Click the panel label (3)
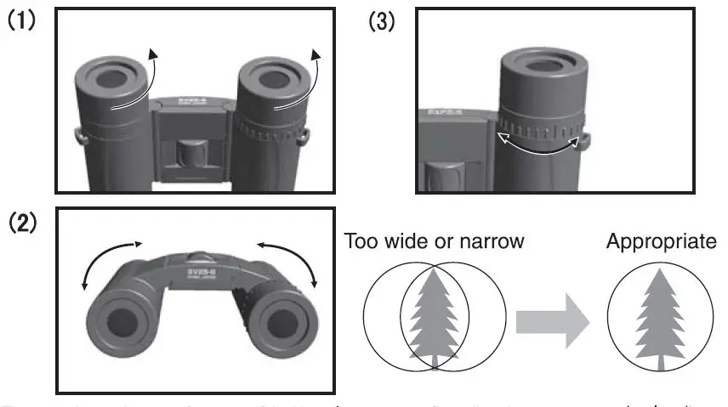point(381,21)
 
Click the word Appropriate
point(661,241)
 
